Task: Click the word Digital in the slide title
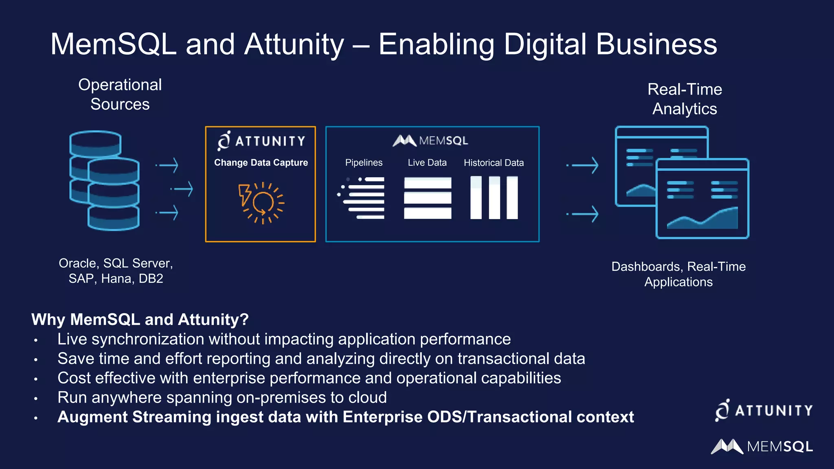pyautogui.click(x=545, y=45)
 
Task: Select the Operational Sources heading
pyautogui.click(x=120, y=94)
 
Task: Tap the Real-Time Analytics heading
pyautogui.click(x=685, y=99)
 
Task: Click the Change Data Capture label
pyautogui.click(x=261, y=162)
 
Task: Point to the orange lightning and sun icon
pyautogui.click(x=261, y=203)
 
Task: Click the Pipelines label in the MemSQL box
pyautogui.click(x=364, y=162)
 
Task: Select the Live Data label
pyautogui.click(x=427, y=162)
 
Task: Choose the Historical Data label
pyautogui.click(x=494, y=162)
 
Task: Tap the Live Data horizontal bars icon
pyautogui.click(x=428, y=198)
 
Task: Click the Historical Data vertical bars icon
pyautogui.click(x=494, y=198)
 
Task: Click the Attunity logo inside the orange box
pyautogui.click(x=261, y=141)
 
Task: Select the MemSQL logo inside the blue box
pyautogui.click(x=430, y=140)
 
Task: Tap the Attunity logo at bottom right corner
pyautogui.click(x=764, y=410)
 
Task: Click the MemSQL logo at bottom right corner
pyautogui.click(x=762, y=447)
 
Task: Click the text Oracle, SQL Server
pyautogui.click(x=116, y=263)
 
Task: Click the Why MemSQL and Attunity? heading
pyautogui.click(x=140, y=320)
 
